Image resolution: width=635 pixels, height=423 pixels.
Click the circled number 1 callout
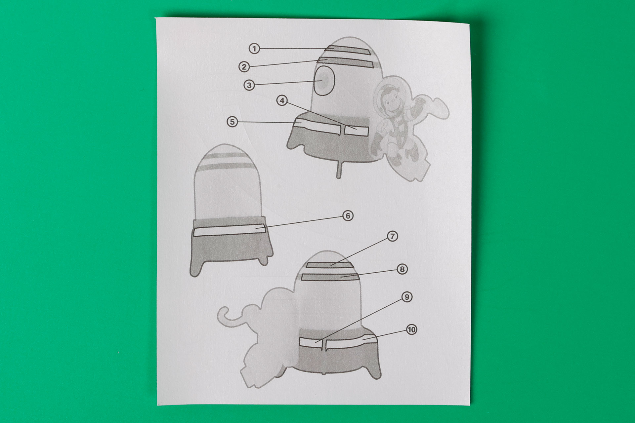click(254, 49)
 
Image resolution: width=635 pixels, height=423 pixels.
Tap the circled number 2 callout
click(244, 67)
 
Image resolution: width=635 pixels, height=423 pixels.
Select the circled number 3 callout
click(249, 85)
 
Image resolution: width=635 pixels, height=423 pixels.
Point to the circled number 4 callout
click(282, 100)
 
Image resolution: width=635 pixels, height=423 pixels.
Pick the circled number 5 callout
click(232, 122)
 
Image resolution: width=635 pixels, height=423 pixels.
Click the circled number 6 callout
click(348, 216)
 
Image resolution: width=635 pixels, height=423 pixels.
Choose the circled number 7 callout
click(392, 236)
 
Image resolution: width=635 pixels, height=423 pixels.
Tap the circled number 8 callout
click(402, 269)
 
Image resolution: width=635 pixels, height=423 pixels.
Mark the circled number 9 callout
click(407, 297)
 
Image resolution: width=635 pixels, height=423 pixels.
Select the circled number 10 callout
click(411, 329)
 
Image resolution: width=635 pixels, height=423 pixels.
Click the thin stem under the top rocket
click(338, 170)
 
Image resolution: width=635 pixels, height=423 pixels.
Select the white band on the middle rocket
click(229, 230)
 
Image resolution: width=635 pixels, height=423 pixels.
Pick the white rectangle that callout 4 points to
click(357, 130)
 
